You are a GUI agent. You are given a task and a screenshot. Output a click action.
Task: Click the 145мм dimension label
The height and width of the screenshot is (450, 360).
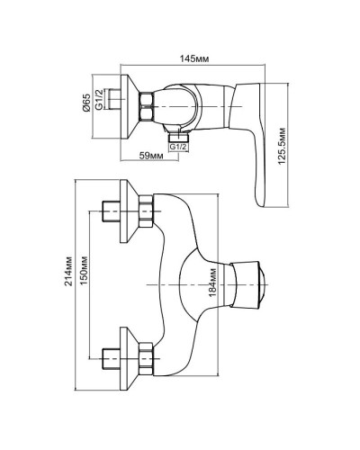(193, 58)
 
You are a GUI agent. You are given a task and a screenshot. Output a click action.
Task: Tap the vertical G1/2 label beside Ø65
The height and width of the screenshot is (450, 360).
(105, 105)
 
